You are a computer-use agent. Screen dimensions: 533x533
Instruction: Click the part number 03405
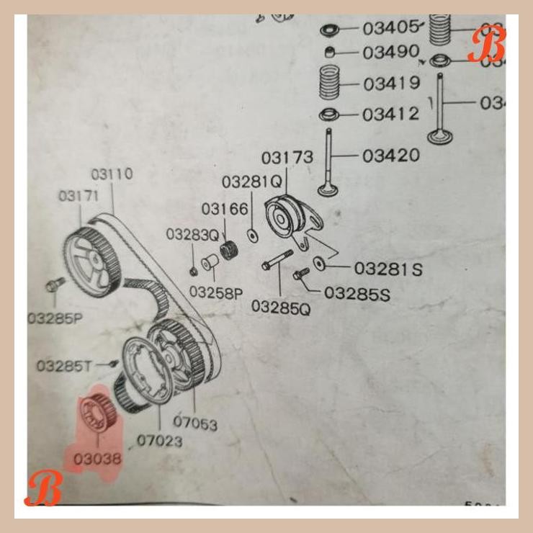390,28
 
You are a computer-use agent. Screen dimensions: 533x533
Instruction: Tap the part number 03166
225,209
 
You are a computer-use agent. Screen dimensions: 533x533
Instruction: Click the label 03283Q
192,234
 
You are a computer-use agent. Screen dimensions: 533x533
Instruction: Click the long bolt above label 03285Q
278,261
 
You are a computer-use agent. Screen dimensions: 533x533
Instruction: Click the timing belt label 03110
112,174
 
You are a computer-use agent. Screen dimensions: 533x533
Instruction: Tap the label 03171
79,196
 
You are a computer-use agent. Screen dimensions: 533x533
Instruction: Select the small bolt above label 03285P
51,285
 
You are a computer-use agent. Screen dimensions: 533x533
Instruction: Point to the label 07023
159,439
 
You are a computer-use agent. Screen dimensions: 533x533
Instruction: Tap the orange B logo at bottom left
43,489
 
